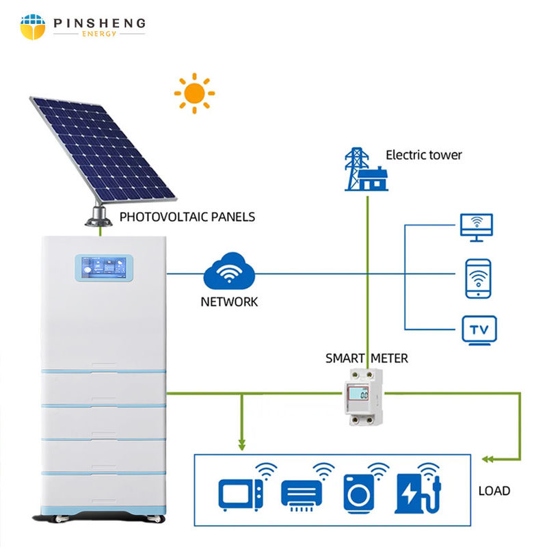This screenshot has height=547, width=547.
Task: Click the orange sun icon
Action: (194, 93)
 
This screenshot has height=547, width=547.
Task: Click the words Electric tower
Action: (424, 155)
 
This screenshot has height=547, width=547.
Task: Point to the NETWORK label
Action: (230, 302)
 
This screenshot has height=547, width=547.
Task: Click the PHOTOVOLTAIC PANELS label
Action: (187, 217)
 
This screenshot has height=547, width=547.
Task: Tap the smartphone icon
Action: (478, 278)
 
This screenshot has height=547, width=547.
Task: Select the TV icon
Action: (479, 329)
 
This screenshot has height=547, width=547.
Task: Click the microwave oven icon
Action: (240, 493)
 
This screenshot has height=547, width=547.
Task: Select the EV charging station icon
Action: (415, 492)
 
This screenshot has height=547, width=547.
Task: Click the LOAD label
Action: (494, 490)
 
